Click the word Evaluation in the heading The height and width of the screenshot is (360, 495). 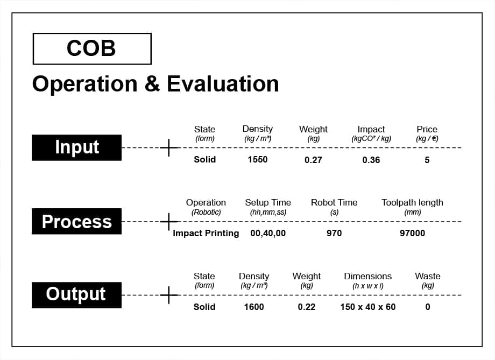tap(223, 84)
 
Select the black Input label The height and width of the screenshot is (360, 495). tap(77, 147)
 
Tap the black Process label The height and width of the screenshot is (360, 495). tap(77, 221)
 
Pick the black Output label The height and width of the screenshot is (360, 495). tap(77, 295)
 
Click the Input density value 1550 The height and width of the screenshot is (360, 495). tap(258, 159)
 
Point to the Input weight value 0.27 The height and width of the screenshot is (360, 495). tap(313, 160)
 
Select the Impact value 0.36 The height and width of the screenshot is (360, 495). tap(371, 160)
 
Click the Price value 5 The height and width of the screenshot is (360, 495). tap(427, 160)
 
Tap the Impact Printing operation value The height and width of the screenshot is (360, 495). tap(206, 233)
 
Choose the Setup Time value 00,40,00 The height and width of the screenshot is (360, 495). tap(268, 234)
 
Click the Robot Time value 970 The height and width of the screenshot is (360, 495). tap(334, 233)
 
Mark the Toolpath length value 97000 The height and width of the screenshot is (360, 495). tap(412, 233)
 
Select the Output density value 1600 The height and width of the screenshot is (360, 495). tap(254, 307)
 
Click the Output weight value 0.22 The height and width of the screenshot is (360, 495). tap(307, 307)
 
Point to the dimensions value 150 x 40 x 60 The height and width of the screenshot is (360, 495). tap(368, 307)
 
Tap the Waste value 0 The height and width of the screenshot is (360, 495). tap(427, 307)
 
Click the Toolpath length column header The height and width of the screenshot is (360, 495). tap(412, 202)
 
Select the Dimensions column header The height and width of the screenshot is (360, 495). tap(368, 276)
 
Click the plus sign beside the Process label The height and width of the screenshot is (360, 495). tap(169, 221)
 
